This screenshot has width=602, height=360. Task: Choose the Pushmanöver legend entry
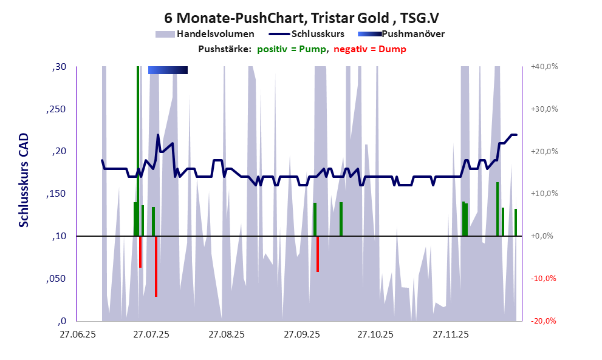click(412, 34)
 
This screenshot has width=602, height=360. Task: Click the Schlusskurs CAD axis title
click(24, 180)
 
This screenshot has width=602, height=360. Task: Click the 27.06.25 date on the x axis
click(76, 334)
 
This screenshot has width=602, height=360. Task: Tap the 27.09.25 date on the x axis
click(301, 334)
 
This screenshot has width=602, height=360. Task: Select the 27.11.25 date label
click(450, 334)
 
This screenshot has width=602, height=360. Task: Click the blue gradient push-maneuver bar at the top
click(168, 70)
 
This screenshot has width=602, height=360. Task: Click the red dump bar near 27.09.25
click(318, 254)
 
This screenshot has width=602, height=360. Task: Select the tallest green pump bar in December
click(498, 209)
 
